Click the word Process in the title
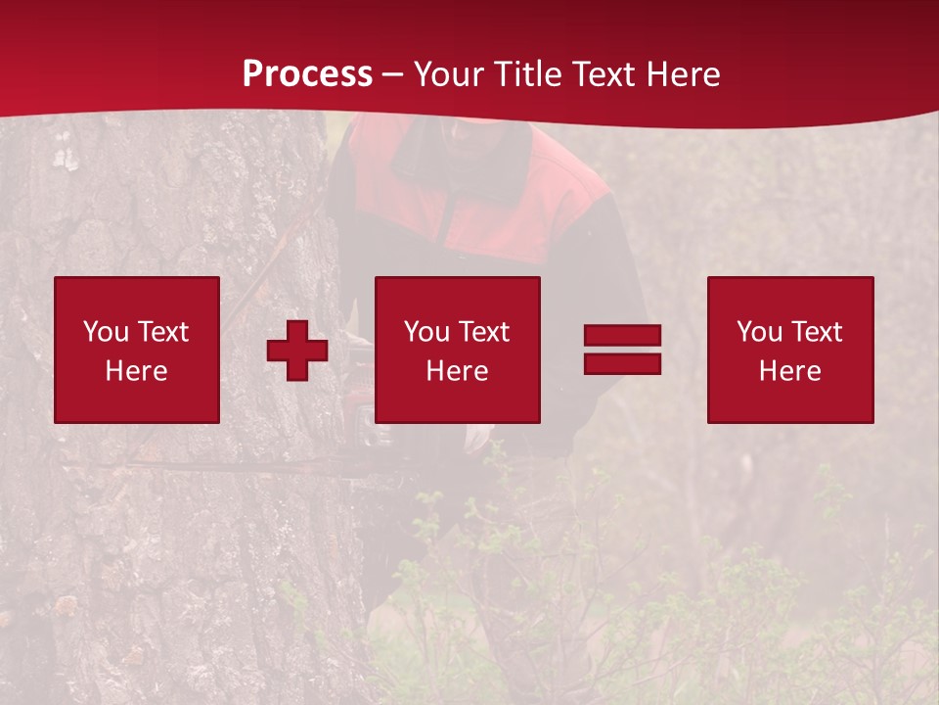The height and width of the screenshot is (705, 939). pos(307,74)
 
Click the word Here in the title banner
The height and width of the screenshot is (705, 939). pos(685,74)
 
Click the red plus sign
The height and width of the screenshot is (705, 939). pos(297,351)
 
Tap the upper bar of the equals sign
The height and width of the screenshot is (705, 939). pos(622,336)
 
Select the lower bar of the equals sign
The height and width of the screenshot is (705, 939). pos(622,363)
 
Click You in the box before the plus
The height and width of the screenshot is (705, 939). pos(106,332)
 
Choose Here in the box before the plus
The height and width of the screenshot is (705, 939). pos(136,371)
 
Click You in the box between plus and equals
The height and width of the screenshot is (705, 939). pos(426,332)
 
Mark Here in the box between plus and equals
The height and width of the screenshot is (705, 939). pos(457,371)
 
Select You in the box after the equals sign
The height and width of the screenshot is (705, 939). pos(759,332)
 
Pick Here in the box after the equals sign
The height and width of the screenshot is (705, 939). pos(789,371)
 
